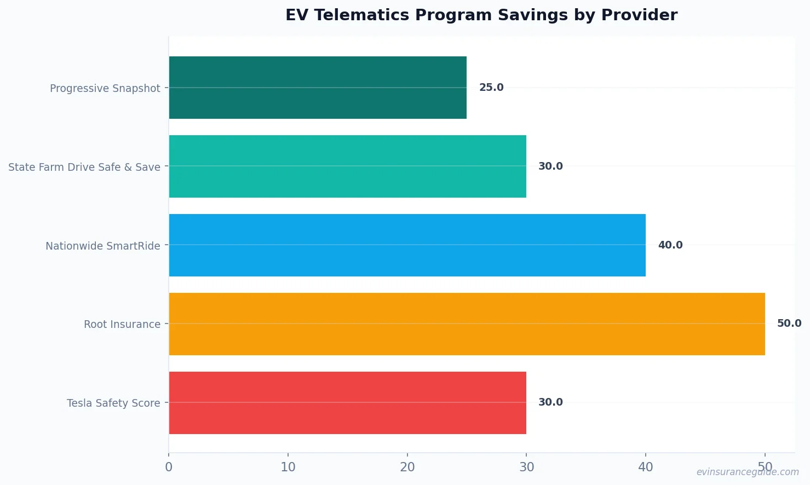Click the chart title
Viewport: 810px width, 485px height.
[481, 15]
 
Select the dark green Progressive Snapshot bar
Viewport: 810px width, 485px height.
[318, 88]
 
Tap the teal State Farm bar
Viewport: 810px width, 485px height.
[347, 166]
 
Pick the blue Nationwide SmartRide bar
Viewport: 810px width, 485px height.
[407, 245]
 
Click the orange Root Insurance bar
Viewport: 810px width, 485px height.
[467, 324]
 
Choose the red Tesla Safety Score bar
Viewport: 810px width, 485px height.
[347, 403]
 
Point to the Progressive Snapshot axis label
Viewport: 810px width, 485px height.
[105, 88]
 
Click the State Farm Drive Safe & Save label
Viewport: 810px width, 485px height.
[84, 167]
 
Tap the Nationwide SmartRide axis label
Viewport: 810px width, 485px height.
[103, 246]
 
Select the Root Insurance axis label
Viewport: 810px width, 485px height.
[122, 324]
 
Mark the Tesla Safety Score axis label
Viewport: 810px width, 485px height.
[113, 403]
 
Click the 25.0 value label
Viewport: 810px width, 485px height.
[491, 88]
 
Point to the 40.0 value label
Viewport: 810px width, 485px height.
[670, 245]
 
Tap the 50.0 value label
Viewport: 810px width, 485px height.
[789, 324]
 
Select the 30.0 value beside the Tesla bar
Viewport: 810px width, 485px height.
[550, 402]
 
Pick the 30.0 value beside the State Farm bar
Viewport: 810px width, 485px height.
[550, 166]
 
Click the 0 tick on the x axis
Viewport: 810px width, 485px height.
[169, 467]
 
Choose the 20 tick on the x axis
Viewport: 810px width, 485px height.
[407, 467]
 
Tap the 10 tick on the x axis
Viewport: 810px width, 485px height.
[288, 467]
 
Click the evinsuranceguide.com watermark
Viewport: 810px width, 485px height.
[747, 472]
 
